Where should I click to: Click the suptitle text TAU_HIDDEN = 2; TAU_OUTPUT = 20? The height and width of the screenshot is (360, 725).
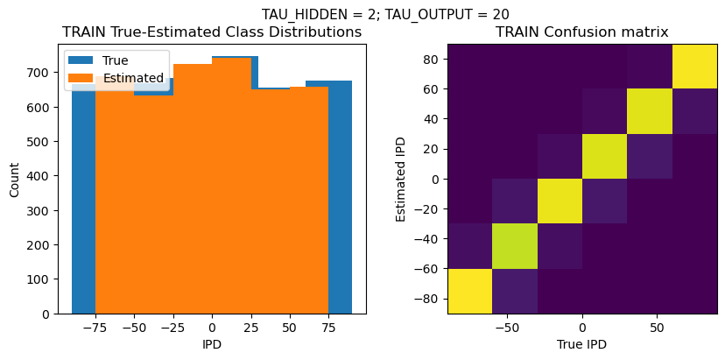tap(385, 14)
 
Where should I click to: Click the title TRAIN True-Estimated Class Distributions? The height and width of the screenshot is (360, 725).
tap(212, 32)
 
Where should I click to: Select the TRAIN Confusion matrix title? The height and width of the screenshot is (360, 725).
tap(582, 32)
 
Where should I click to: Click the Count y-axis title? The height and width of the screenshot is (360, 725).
tap(15, 179)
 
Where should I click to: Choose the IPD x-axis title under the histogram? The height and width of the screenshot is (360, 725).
tap(212, 344)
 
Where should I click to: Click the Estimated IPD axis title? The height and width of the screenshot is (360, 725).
tap(400, 179)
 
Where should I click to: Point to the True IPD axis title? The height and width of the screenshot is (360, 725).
tap(582, 344)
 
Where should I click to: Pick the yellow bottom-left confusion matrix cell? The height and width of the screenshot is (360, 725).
tap(469, 291)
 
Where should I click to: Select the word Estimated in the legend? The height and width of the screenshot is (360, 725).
tap(133, 78)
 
